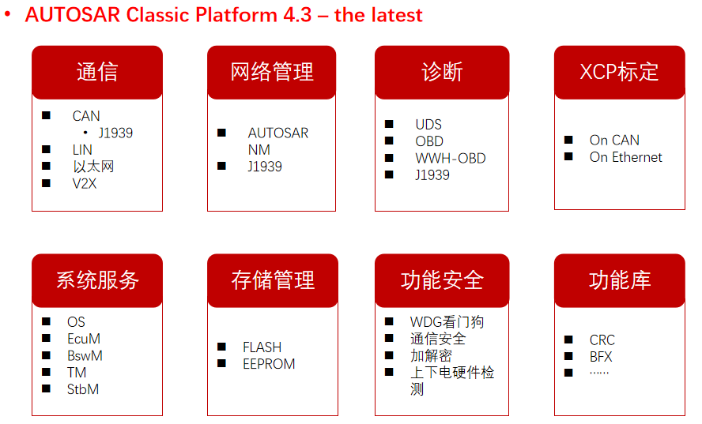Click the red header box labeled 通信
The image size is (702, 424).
coord(97,72)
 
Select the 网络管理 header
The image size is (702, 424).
coord(271,72)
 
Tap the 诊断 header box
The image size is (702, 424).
coord(442,72)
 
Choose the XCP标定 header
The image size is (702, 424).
coord(620,72)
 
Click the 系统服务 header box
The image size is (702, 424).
coord(97,280)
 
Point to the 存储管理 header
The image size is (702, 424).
coord(273,280)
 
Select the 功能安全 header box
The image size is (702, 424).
coord(442,280)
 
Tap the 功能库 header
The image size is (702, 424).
coord(620,280)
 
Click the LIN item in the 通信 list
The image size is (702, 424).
coord(82,150)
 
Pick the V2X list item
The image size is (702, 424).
coord(85,183)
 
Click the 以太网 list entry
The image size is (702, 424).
coord(93,167)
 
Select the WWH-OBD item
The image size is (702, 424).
coord(451,159)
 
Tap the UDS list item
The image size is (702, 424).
coord(428,124)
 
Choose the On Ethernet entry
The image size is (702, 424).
coord(625,157)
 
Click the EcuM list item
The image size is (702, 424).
coord(84,339)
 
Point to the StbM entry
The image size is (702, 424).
coord(83,389)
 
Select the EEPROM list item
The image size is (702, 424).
coord(269,364)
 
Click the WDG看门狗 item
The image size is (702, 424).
coord(447,322)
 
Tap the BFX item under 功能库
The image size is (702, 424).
coord(601,357)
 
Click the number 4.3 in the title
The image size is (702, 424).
coord(297,15)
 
